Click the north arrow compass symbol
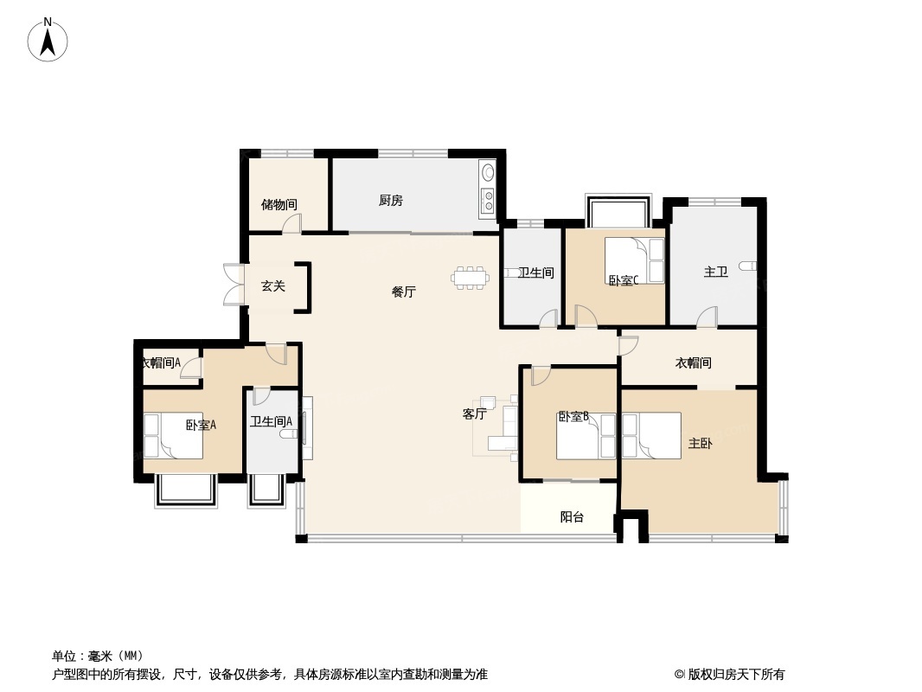[48, 39]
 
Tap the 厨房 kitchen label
[390, 201]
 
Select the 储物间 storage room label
[279, 205]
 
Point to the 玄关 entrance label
[273, 285]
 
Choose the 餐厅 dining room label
[403, 292]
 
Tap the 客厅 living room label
[474, 414]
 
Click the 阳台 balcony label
[572, 517]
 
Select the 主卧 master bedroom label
[700, 444]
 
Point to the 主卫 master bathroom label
[715, 272]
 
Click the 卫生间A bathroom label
[271, 422]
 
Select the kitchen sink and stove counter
[488, 190]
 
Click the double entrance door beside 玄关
[231, 285]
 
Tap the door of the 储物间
[292, 224]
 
